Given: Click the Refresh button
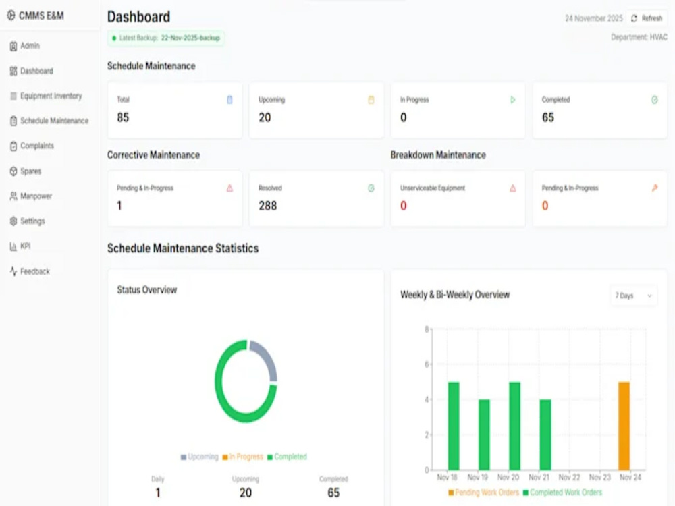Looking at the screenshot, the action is pyautogui.click(x=647, y=18).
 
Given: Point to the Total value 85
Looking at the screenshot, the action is pyautogui.click(x=123, y=117).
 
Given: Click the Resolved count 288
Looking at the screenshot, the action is pyautogui.click(x=268, y=206).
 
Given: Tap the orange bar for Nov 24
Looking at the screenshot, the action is pyautogui.click(x=624, y=426).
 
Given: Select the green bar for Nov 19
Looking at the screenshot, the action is pyautogui.click(x=484, y=434).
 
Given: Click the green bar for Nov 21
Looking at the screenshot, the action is pyautogui.click(x=545, y=434).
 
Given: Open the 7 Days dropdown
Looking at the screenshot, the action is pyautogui.click(x=634, y=296).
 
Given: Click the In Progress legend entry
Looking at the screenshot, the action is pyautogui.click(x=242, y=457).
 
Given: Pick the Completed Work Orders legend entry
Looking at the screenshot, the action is pyautogui.click(x=562, y=493).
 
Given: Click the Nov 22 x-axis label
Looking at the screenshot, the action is pyautogui.click(x=569, y=477).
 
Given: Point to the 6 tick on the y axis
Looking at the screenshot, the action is pyautogui.click(x=427, y=364).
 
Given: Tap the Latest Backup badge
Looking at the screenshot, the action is pyautogui.click(x=166, y=38).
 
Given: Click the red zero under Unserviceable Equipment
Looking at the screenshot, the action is pyautogui.click(x=404, y=206).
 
